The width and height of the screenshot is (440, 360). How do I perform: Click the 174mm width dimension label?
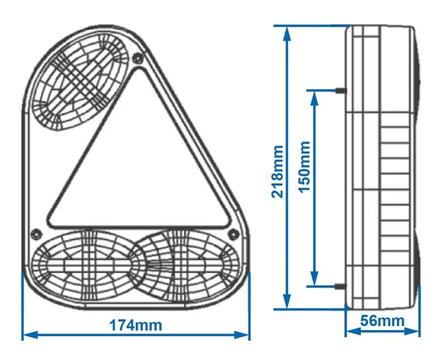coord(136,326)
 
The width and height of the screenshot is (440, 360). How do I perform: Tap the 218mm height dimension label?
coord(278,172)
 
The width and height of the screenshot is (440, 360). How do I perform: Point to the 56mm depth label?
coord(382,321)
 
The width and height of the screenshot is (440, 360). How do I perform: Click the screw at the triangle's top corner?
coord(138,58)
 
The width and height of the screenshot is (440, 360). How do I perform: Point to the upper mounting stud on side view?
coord(341,90)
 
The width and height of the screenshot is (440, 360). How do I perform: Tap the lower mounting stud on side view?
coord(341,287)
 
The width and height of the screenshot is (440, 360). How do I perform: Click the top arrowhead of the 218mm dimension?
coord(287,32)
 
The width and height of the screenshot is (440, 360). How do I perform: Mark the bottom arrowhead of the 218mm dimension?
coord(287,304)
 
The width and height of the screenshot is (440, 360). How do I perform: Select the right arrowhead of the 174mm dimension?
coord(245,335)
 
